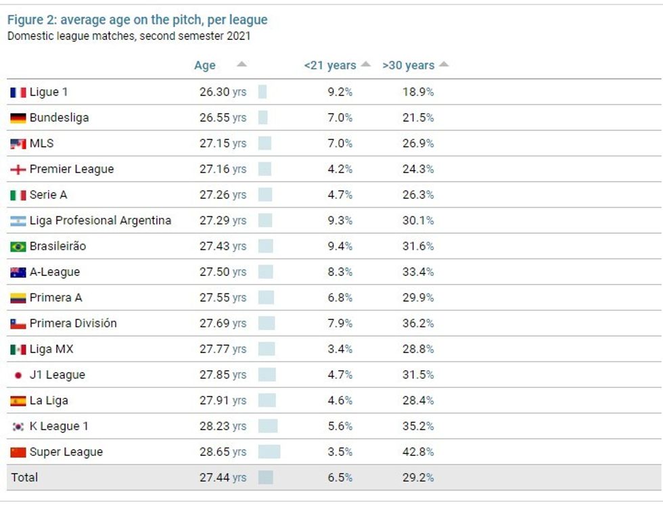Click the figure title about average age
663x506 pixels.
coord(137,20)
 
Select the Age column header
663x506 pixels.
coord(204,66)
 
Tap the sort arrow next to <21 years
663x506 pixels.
coord(366,64)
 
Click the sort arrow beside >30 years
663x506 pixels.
coord(444,64)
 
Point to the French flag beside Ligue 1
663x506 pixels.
coord(18,92)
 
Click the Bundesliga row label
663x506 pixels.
coord(60,118)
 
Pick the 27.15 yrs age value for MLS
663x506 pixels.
coord(223,143)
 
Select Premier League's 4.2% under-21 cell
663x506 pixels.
coord(340,169)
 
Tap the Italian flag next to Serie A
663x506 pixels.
coord(18,195)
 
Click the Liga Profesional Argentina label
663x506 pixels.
coord(100,221)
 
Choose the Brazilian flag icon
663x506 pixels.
coord(18,246)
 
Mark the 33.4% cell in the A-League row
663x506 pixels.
coord(418,272)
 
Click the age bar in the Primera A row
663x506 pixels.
coord(266,298)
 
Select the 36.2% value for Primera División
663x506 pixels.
coord(418,323)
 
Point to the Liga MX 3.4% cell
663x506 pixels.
coord(340,349)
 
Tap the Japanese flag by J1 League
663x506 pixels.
coord(18,375)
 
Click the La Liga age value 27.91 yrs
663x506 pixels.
coord(223,400)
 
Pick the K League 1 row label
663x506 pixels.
coord(59,426)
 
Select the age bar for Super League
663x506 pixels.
coord(269,452)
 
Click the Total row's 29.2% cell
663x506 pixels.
coord(418,478)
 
